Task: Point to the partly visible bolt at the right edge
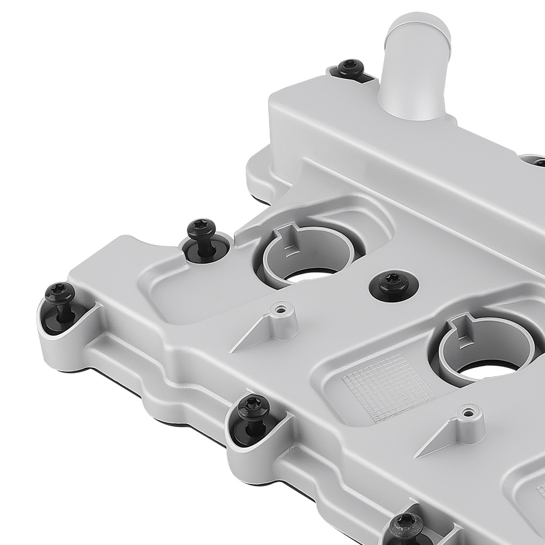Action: coord(540,162)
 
